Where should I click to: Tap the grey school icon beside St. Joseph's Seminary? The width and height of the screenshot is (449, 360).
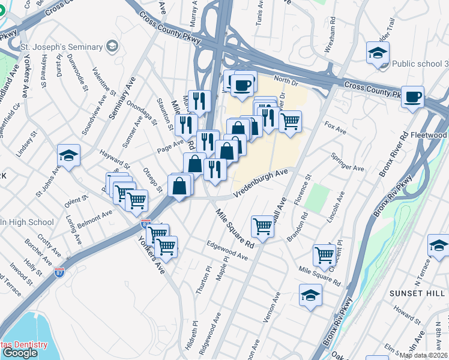[112, 46]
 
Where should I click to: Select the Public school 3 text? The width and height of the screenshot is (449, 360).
[420, 64]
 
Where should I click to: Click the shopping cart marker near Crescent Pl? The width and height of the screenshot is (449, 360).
[325, 254]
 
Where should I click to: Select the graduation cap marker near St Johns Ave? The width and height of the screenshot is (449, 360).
[69, 156]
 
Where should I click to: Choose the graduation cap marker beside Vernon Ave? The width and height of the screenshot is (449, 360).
[310, 295]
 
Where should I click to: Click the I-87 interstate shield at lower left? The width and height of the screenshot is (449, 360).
[58, 272]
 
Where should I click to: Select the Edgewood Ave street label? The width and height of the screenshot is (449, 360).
[227, 250]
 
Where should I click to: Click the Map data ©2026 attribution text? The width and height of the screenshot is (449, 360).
[423, 355]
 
